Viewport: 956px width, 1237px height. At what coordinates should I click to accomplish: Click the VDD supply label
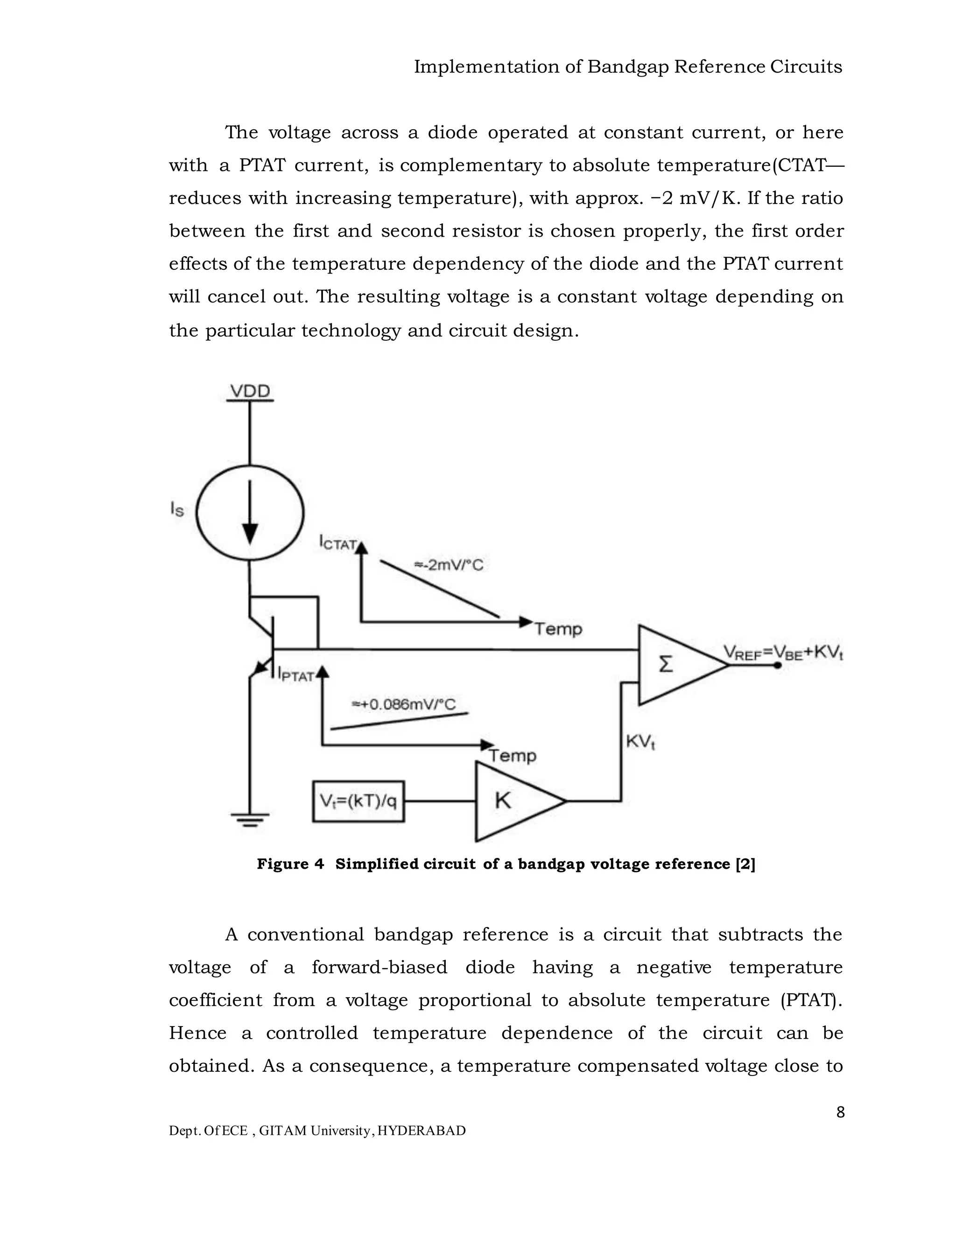coord(250,391)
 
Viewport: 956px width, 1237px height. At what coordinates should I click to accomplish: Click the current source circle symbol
coord(250,513)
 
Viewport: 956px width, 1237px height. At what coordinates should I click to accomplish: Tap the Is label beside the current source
coord(177,509)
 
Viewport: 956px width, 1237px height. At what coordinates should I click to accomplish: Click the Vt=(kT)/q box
coord(358,801)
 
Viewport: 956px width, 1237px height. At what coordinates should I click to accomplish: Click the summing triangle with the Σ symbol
coord(677,665)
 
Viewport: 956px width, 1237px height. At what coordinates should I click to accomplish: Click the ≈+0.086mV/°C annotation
coord(404,704)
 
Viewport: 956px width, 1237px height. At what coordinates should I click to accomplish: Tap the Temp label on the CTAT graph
coord(558,629)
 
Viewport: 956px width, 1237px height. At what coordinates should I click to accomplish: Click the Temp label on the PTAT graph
coord(512,756)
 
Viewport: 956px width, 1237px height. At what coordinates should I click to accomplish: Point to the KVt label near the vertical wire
coord(640,742)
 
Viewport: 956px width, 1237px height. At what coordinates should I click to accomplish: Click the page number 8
coord(840,1112)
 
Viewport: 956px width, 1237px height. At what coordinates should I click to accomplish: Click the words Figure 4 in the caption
coord(290,864)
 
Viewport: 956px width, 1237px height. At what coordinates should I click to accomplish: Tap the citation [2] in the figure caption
coord(745,864)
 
